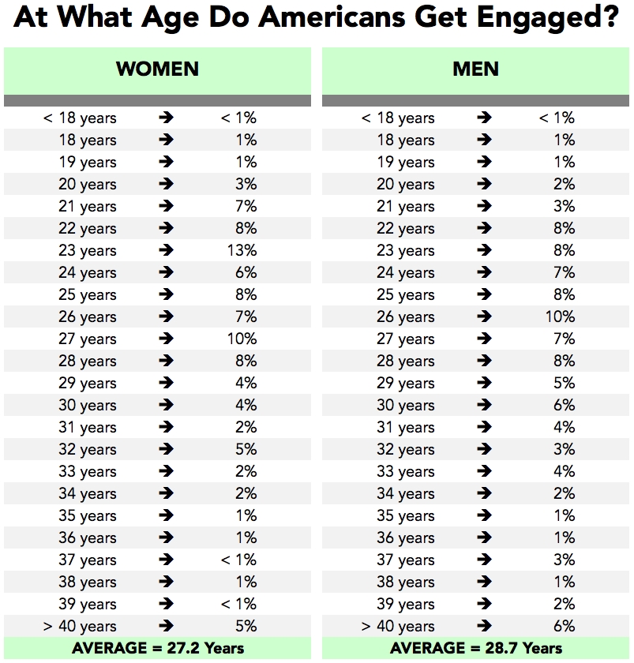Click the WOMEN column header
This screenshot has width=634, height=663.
coord(157,69)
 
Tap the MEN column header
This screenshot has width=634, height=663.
coord(475,69)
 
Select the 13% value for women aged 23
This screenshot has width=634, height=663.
coord(242,251)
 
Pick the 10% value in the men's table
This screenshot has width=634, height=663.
coord(560,317)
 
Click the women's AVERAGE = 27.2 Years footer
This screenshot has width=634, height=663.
coord(158,649)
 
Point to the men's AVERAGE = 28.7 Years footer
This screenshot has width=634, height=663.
coord(476,649)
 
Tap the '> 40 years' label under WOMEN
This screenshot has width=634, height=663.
coord(79,627)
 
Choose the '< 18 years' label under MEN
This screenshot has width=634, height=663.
coord(398,118)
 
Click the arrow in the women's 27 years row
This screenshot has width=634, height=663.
coord(166,339)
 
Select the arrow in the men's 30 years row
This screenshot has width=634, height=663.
coord(484,406)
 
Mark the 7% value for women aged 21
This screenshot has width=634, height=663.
coord(246,207)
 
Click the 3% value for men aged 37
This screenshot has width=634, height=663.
coord(564,560)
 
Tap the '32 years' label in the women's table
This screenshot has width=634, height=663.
coord(87,450)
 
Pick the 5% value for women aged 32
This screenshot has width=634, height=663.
coord(246,450)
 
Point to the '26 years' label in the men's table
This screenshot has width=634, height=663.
coord(405,317)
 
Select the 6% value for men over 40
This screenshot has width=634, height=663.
coord(564,627)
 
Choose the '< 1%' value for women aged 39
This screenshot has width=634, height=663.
coord(238,605)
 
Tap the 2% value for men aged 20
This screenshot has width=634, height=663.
coord(564,185)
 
